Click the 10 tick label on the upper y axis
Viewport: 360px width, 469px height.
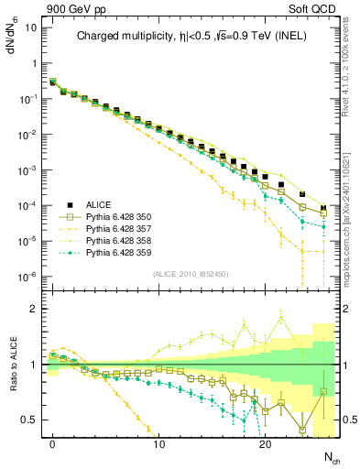[x=32, y=27]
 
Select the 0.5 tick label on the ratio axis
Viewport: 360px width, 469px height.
[x=31, y=420]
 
